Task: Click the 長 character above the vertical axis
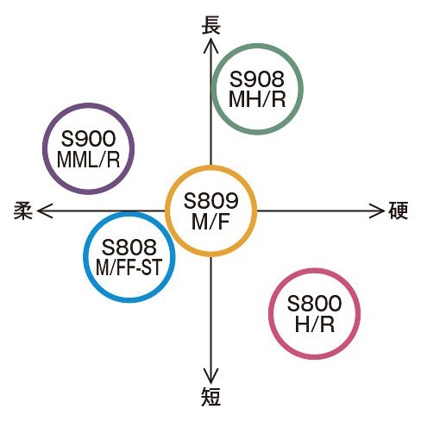click(x=210, y=25)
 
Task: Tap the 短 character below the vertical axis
click(x=210, y=396)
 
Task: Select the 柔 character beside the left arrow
click(x=23, y=210)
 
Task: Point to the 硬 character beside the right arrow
click(x=399, y=210)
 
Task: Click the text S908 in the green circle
click(x=257, y=79)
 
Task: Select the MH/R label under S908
click(x=257, y=99)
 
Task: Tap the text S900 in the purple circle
click(x=88, y=139)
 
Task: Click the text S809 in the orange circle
click(x=210, y=201)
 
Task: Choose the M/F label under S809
click(x=210, y=221)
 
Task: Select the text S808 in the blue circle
click(x=129, y=247)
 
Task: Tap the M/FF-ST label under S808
click(x=129, y=267)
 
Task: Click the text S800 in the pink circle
click(x=314, y=304)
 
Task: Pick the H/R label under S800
click(x=315, y=324)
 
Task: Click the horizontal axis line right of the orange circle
click(x=320, y=210)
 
